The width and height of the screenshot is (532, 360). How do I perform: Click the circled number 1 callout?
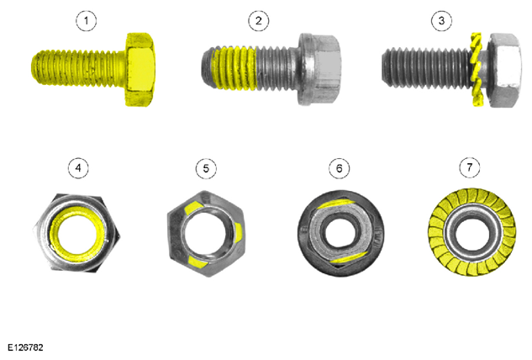point(86,21)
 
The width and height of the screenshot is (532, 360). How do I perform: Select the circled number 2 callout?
point(259,21)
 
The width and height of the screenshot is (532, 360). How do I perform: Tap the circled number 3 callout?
point(441,21)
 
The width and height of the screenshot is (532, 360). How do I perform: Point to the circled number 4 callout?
point(78,168)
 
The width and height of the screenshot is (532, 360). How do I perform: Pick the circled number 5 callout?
point(206,168)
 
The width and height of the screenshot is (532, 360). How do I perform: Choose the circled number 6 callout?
point(340,168)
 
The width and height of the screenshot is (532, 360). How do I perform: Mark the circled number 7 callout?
point(470,167)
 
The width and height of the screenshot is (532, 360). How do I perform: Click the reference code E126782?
point(25,347)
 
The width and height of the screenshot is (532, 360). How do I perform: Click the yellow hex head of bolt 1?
point(140,69)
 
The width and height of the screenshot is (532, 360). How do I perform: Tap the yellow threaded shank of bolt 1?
point(79,69)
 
